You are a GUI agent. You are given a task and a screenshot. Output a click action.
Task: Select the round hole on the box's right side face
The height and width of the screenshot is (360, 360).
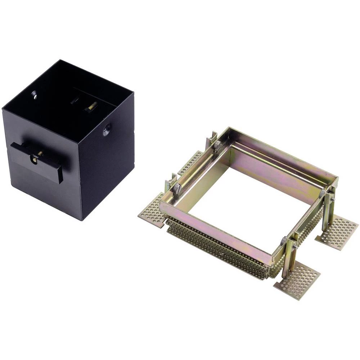click(x=107, y=129)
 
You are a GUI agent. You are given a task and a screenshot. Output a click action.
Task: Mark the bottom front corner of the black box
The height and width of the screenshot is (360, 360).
click(x=82, y=219)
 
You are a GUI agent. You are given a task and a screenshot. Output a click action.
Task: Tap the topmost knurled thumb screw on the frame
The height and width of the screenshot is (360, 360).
click(x=217, y=145)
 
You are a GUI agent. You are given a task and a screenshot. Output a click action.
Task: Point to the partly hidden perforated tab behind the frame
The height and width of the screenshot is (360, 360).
click(x=190, y=162)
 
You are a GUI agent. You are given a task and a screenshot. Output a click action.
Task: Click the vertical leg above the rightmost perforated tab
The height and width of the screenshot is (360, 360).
click(x=327, y=212)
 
